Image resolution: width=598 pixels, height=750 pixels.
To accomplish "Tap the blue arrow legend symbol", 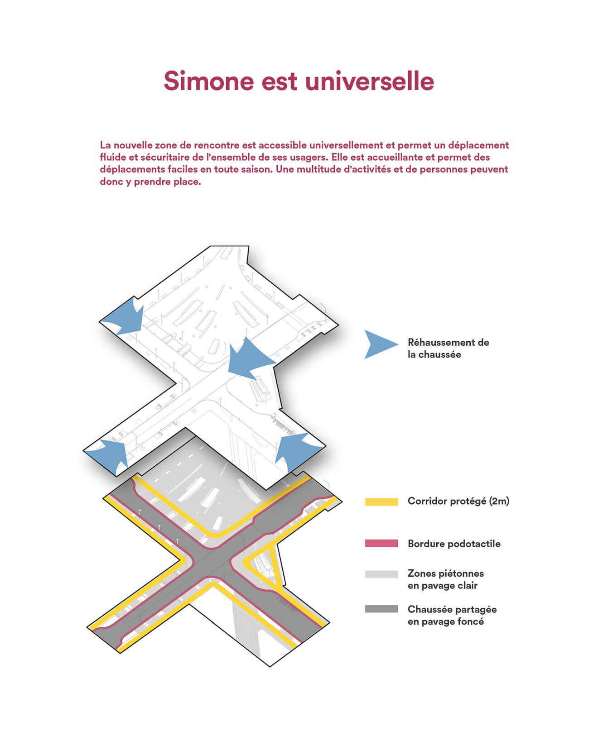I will click(x=380, y=344).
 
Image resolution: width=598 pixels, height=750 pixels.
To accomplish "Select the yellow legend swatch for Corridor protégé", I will click(x=381, y=502).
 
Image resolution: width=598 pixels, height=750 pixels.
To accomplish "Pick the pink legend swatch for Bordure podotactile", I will click(x=381, y=544).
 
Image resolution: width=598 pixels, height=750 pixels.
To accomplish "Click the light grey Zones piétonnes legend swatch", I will click(x=381, y=574).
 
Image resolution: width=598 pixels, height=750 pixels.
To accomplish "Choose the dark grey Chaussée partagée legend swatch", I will click(x=381, y=609).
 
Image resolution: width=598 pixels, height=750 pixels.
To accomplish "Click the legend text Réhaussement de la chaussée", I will click(x=448, y=349).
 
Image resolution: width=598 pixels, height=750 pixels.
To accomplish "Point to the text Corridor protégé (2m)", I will click(x=458, y=501).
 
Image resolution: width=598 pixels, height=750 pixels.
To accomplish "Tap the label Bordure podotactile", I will click(x=454, y=544).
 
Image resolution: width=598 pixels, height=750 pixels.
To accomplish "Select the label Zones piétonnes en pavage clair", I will click(x=445, y=579).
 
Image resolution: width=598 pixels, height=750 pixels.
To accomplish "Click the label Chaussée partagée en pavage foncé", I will click(x=452, y=616).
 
